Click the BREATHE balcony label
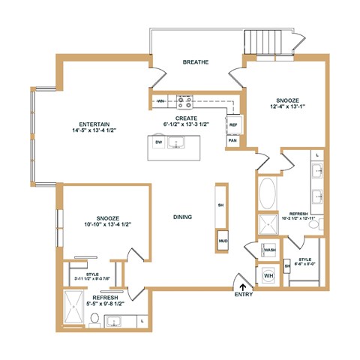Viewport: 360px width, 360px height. [x=196, y=62]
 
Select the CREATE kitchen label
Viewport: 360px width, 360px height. [x=186, y=118]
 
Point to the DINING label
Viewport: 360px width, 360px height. [x=182, y=217]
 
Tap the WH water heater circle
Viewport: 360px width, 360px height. [x=268, y=275]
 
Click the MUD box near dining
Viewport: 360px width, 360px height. [x=223, y=241]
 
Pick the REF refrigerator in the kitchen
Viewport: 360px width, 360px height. [x=233, y=124]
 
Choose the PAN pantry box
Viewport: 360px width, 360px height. [x=233, y=140]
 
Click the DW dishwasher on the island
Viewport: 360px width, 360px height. [x=158, y=142]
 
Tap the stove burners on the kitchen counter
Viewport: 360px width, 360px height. [x=184, y=99]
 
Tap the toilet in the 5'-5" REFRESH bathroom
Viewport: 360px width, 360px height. [x=94, y=320]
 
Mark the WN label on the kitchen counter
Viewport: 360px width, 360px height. [x=160, y=100]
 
